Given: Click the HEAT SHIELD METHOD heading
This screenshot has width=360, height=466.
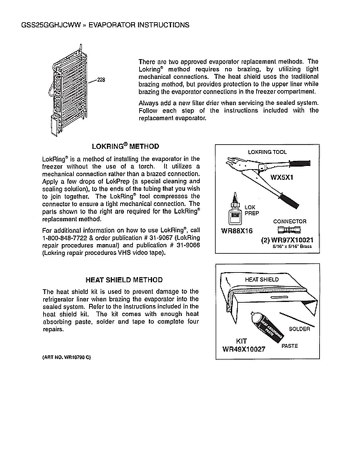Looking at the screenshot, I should tap(124, 280).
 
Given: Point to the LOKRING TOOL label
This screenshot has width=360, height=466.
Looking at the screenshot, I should tap(267, 152).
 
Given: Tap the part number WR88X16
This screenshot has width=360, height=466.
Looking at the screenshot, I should tap(237, 231).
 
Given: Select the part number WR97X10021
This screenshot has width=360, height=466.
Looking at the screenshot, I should tap(289, 242).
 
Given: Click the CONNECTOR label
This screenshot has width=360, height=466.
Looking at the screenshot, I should tap(289, 221).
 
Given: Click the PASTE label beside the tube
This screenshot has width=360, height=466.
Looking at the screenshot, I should tap(289, 346).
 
